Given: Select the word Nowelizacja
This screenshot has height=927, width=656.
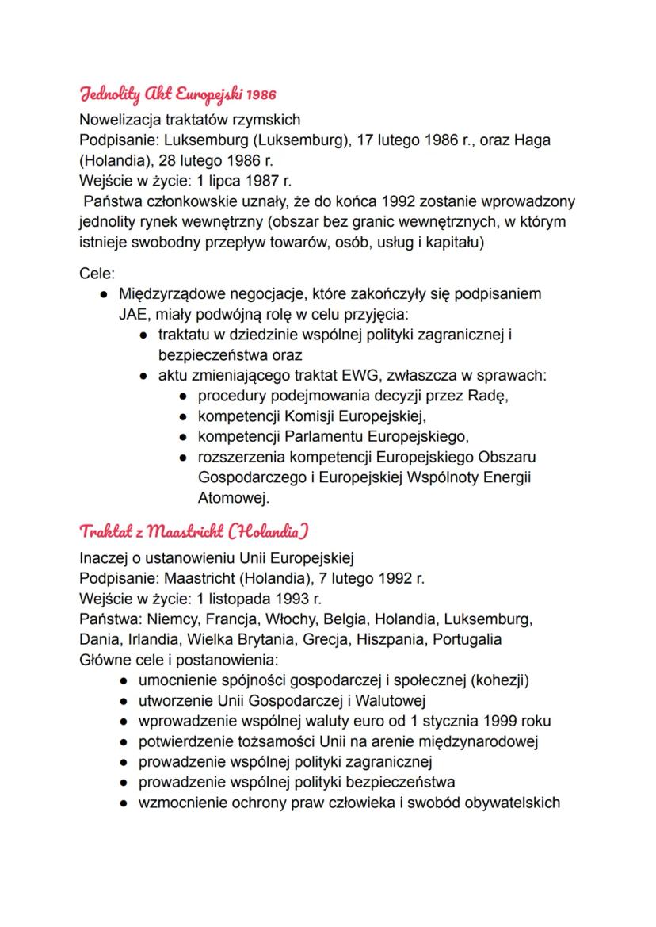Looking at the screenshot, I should tap(119, 121).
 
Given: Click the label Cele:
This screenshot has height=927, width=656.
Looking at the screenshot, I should tap(97, 274).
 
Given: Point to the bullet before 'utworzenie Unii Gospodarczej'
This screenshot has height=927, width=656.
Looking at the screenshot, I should tap(124, 700).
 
